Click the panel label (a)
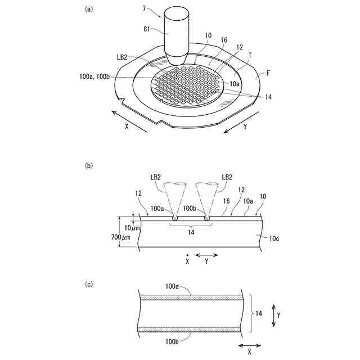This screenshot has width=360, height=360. click(x=88, y=9)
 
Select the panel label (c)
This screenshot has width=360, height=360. click(x=88, y=284)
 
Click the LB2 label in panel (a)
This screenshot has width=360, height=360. click(x=122, y=57)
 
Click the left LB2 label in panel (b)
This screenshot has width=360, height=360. click(x=156, y=177)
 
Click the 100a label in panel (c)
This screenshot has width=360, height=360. click(x=173, y=287)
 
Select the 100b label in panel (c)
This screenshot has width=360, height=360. click(x=173, y=341)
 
